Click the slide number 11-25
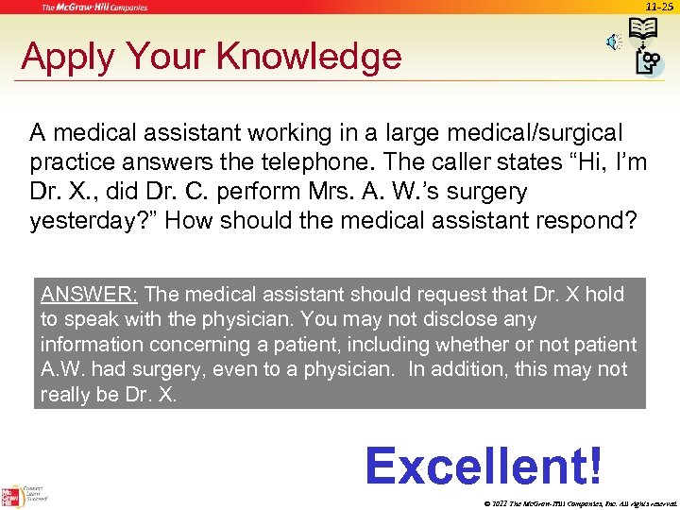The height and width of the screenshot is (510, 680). coord(660,7)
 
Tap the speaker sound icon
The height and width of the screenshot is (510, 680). coord(613,42)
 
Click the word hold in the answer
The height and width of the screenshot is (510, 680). coord(604,294)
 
